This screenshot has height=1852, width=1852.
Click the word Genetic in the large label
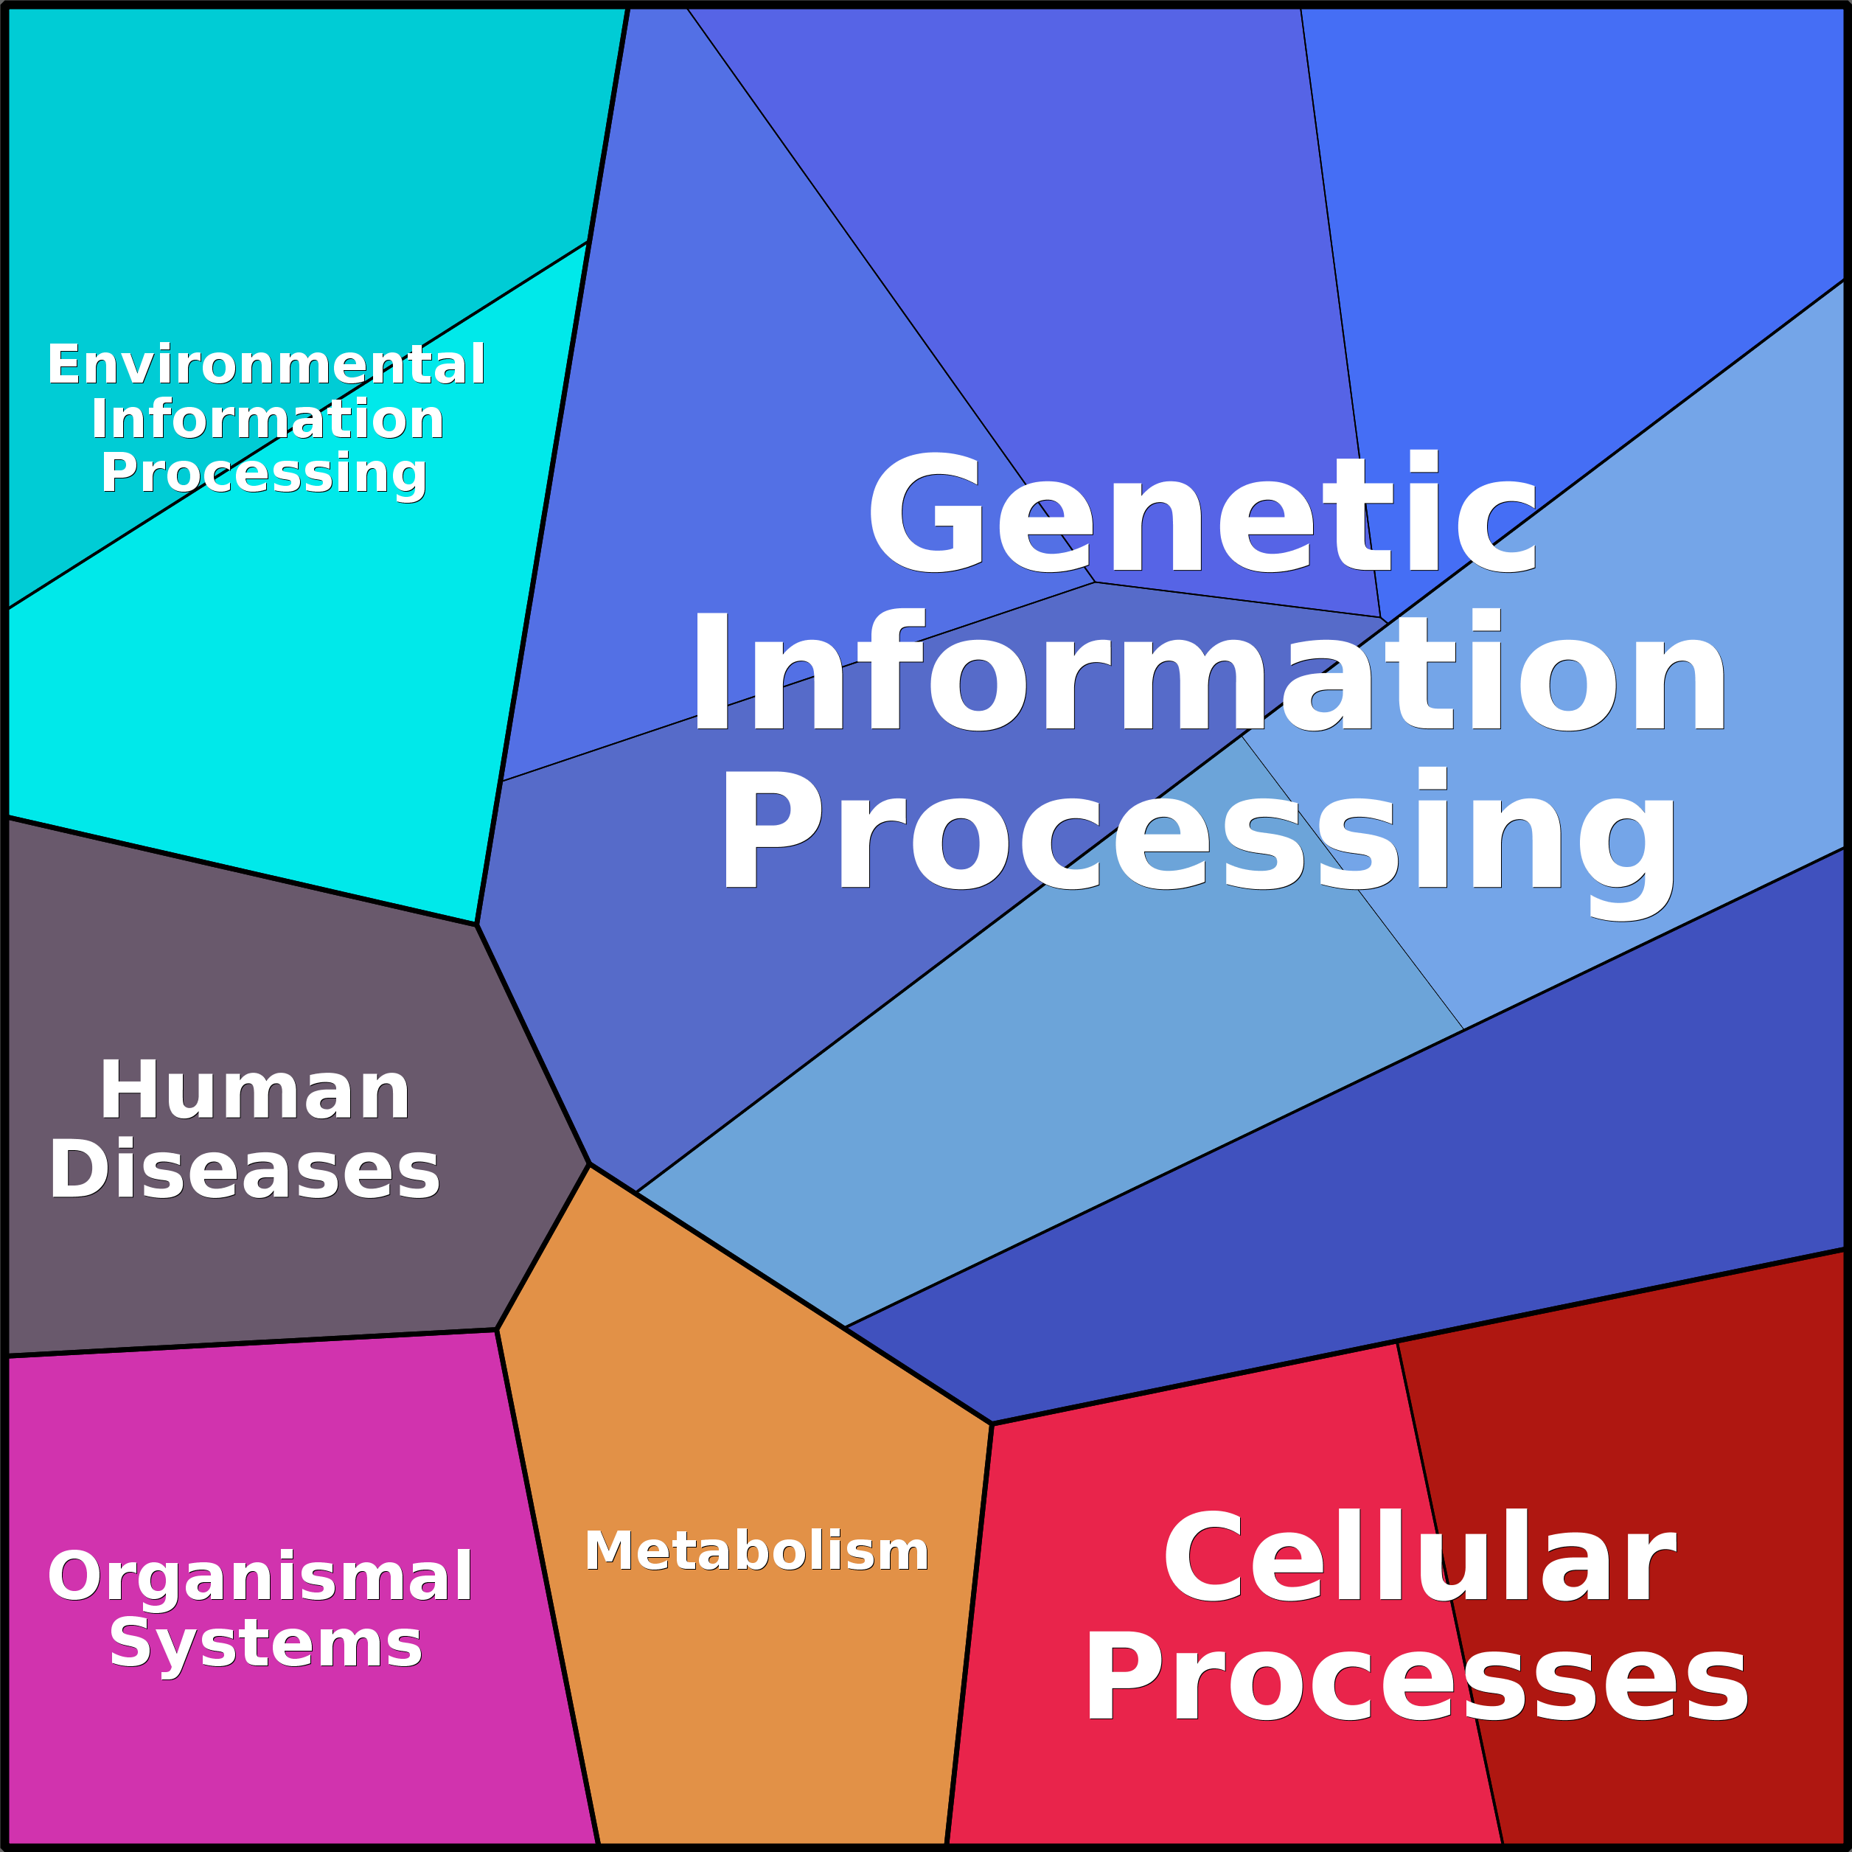point(1202,513)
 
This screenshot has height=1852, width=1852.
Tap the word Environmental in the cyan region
point(266,364)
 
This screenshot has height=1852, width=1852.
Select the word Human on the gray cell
point(255,1091)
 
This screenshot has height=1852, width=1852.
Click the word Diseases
point(245,1171)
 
